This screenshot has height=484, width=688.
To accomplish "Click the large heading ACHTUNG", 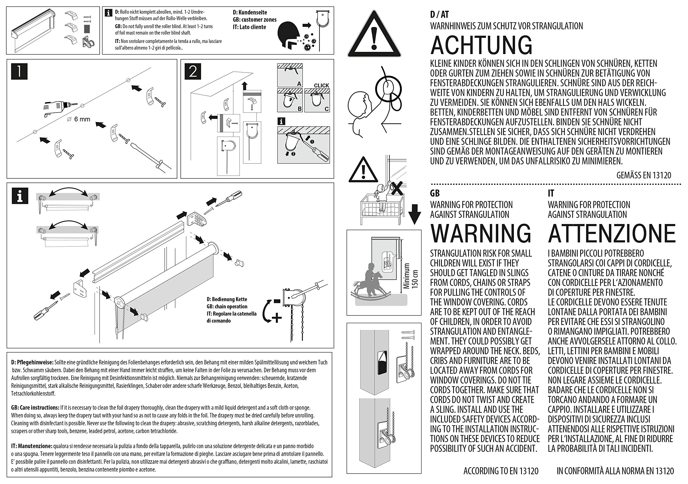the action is [x=481, y=45].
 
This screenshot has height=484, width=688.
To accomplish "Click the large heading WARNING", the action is [x=481, y=233].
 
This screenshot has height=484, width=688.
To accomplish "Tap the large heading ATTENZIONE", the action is [x=612, y=233].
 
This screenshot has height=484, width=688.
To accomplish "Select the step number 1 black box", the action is [x=19, y=72].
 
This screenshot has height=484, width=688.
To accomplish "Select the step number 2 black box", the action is [x=193, y=72].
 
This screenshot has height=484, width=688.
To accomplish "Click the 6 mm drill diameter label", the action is [x=79, y=119].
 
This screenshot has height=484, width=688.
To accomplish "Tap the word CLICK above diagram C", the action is [x=321, y=85].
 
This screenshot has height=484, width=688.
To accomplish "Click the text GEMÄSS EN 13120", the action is [x=644, y=175].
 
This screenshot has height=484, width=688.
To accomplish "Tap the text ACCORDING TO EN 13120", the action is [x=501, y=471].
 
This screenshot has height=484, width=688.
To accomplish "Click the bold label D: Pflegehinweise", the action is [x=32, y=362].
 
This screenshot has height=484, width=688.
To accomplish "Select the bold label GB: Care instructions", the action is [x=35, y=408].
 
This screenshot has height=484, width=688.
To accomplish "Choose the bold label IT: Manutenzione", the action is [x=32, y=446].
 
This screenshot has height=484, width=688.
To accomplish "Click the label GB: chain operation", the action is [x=227, y=306].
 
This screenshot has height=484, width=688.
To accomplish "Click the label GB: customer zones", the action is [x=255, y=20].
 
